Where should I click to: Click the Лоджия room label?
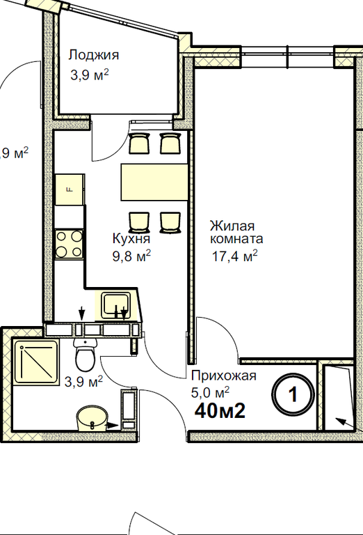pos(94,55)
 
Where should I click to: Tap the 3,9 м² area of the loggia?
pos(90,75)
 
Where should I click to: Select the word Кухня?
pos(131,238)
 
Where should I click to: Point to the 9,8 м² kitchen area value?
pos(131,256)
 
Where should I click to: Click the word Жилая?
pos(232,226)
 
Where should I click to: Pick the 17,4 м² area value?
pos(234,256)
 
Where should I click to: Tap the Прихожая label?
pos(223,376)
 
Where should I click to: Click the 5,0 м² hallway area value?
pos(210,392)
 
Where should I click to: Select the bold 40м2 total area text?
pos(220,411)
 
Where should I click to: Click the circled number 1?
pos(293,394)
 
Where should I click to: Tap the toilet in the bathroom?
pos(85,355)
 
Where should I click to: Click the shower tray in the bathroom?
pos(35,362)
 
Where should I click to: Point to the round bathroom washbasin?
pos(91,418)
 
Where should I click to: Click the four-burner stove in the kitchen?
pos(69,244)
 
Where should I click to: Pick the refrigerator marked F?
pos(70,189)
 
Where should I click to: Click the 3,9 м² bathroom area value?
pos(83,382)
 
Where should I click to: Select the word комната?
pos(236,238)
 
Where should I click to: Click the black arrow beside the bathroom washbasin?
pos(112,425)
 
